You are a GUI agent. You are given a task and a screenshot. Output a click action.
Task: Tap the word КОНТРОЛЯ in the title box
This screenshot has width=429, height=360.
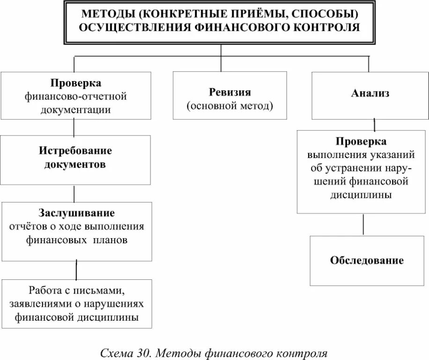point(328,27)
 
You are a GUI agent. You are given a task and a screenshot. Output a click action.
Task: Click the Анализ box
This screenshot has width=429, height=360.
point(370,95)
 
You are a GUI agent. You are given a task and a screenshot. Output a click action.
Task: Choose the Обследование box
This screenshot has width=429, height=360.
point(367,261)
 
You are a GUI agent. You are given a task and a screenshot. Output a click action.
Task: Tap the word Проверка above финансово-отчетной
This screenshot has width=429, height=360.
point(76,83)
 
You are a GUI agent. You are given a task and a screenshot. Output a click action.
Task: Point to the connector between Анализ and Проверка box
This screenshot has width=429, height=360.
point(375,124)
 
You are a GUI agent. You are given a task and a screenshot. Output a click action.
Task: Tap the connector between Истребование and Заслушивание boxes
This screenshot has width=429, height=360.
point(74,193)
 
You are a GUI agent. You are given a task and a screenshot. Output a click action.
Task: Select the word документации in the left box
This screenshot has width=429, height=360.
point(76,110)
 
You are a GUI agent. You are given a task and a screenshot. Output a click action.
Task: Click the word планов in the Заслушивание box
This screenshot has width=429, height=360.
point(110,240)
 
